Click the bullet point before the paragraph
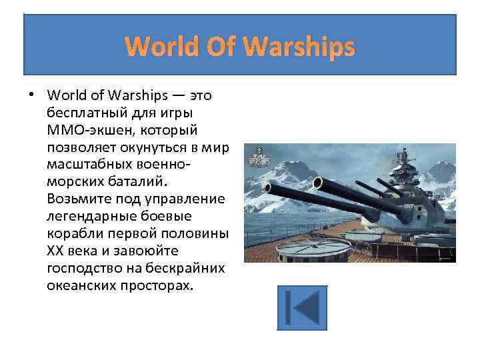pyautogui.click(x=31, y=95)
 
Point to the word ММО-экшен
pyautogui.click(x=85, y=129)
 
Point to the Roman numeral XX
pyautogui.click(x=56, y=250)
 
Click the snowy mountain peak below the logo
pyautogui.click(x=267, y=179)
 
